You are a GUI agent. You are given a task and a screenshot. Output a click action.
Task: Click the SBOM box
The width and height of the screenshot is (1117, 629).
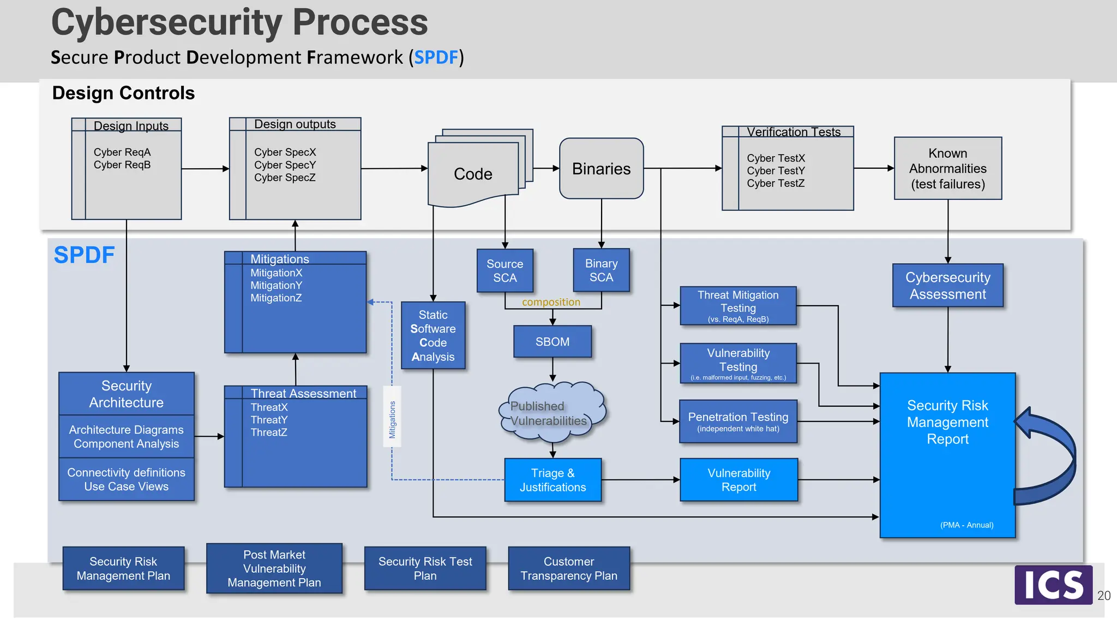pyautogui.click(x=553, y=342)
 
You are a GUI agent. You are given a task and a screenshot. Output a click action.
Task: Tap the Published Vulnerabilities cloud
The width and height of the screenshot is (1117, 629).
pyautogui.click(x=551, y=413)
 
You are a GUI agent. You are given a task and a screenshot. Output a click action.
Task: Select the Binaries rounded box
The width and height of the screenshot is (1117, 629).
pyautogui.click(x=601, y=169)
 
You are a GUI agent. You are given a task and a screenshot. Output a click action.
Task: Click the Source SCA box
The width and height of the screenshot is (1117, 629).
pyautogui.click(x=505, y=271)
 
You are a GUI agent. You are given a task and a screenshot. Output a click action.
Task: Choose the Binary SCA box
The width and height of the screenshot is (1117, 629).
pyautogui.click(x=601, y=270)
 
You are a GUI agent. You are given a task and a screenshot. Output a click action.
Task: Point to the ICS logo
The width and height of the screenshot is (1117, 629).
pyautogui.click(x=1053, y=585)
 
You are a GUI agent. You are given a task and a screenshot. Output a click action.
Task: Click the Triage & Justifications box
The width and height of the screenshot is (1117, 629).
pyautogui.click(x=553, y=480)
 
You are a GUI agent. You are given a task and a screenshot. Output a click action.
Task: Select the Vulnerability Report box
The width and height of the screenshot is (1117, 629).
pyautogui.click(x=738, y=480)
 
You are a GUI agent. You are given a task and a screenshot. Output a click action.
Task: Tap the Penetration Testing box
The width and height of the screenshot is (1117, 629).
pyautogui.click(x=738, y=422)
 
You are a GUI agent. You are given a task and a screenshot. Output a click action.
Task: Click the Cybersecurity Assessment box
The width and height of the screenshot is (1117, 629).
pyautogui.click(x=947, y=286)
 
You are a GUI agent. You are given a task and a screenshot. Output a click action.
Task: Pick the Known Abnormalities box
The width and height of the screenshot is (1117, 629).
pyautogui.click(x=947, y=168)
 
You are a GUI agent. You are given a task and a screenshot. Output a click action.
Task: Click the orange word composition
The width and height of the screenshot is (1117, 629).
pyautogui.click(x=551, y=302)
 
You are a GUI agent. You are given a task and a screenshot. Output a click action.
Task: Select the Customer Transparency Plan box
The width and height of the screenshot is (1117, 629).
pyautogui.click(x=568, y=568)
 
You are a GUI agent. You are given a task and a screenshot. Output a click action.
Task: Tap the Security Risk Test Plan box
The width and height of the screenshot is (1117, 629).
pyautogui.click(x=425, y=568)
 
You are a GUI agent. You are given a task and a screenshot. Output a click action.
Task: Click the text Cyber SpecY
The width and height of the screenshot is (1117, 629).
pyautogui.click(x=285, y=165)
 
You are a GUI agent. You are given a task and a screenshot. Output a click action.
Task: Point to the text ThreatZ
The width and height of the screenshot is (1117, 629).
pyautogui.click(x=269, y=432)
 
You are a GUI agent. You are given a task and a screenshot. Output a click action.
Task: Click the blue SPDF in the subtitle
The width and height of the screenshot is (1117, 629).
pyautogui.click(x=436, y=57)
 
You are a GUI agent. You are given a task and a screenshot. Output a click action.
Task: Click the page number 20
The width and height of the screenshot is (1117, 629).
pyautogui.click(x=1103, y=596)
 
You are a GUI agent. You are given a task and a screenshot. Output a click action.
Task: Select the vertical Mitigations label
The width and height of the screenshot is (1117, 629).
pyautogui.click(x=392, y=419)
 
